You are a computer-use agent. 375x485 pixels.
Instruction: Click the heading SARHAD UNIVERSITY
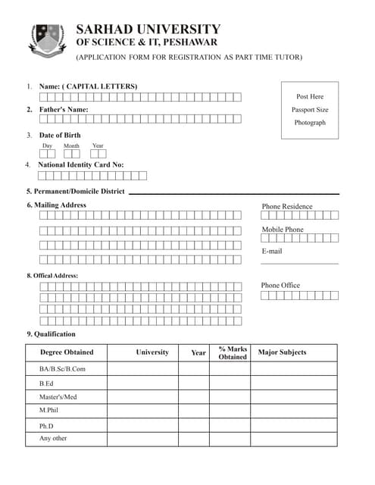coord(148,30)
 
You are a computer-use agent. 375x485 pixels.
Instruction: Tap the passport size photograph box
coord(310,110)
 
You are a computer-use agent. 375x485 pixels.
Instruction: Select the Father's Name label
coord(64,110)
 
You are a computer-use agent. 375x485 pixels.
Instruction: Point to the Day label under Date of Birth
coord(47,145)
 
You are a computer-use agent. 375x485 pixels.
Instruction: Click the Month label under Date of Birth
coord(71,145)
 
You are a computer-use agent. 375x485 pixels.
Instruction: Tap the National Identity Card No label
coord(80,164)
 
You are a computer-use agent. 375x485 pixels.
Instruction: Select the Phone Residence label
coord(286,206)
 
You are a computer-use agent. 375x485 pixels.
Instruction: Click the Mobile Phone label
coord(283,230)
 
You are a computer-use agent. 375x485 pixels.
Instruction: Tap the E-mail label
coord(272,251)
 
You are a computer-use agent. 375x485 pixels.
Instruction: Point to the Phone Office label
coord(280,285)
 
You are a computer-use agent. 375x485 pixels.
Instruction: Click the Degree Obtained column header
coord(67,352)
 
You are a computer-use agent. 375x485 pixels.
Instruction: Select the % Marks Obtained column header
coord(233,352)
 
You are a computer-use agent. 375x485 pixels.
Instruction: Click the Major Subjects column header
coord(282,352)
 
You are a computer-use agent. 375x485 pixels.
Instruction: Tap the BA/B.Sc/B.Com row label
coord(62,369)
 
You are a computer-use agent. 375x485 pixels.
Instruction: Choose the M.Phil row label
coord(48,410)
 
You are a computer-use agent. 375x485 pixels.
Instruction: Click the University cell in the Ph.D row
coord(142,425)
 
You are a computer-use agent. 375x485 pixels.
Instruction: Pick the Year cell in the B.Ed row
coord(194,383)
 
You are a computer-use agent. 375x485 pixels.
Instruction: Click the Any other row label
coord(53,439)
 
